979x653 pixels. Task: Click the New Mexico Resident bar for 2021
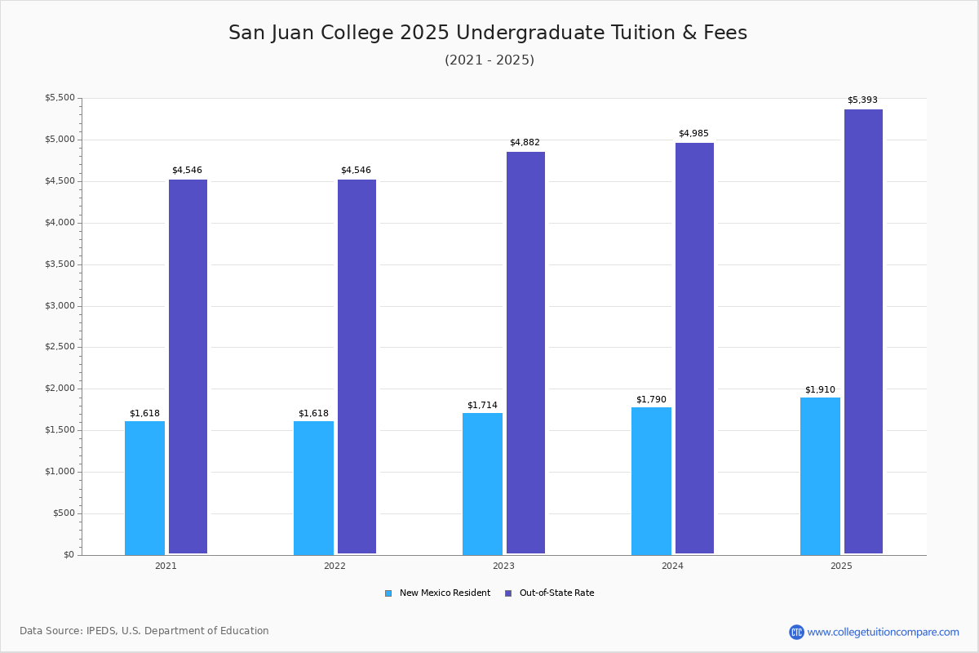tap(144, 487)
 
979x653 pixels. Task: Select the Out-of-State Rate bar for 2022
tap(357, 366)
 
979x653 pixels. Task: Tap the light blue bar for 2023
tap(482, 483)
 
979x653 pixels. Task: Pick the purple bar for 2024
tap(694, 349)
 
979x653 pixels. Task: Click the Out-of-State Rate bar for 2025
tap(863, 331)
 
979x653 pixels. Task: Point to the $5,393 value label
tap(862, 100)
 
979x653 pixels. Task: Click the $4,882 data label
tap(525, 143)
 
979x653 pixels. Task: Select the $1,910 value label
tap(820, 390)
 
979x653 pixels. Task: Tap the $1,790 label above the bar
tap(651, 400)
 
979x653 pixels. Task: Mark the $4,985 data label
tap(693, 134)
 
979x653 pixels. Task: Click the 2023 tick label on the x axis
tap(503, 566)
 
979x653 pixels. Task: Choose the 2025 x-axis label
tap(841, 566)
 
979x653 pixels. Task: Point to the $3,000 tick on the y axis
tap(59, 306)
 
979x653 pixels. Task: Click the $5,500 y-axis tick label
tap(59, 98)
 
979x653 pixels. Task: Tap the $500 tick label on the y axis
tap(62, 513)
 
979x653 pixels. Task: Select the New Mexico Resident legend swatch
tap(388, 593)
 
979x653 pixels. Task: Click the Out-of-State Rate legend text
tap(556, 593)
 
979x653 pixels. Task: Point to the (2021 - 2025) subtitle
tap(489, 60)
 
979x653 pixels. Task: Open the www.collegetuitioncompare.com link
tap(883, 632)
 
